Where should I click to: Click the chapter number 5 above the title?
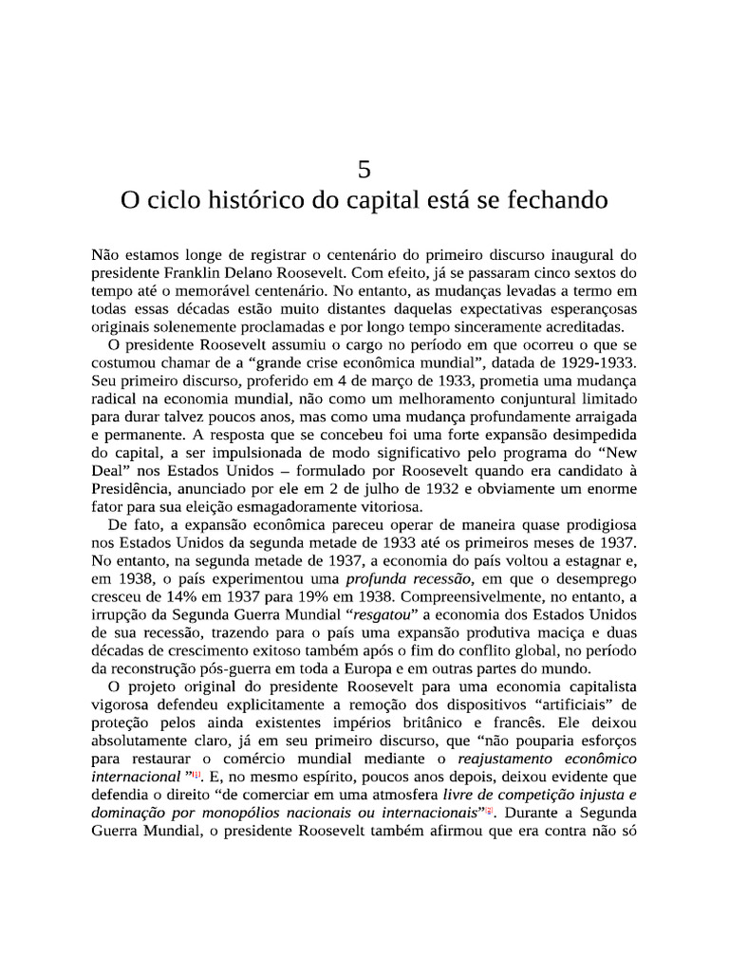tap(364, 171)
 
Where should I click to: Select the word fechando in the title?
tap(555, 203)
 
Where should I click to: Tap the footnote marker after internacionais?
tap(490, 814)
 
